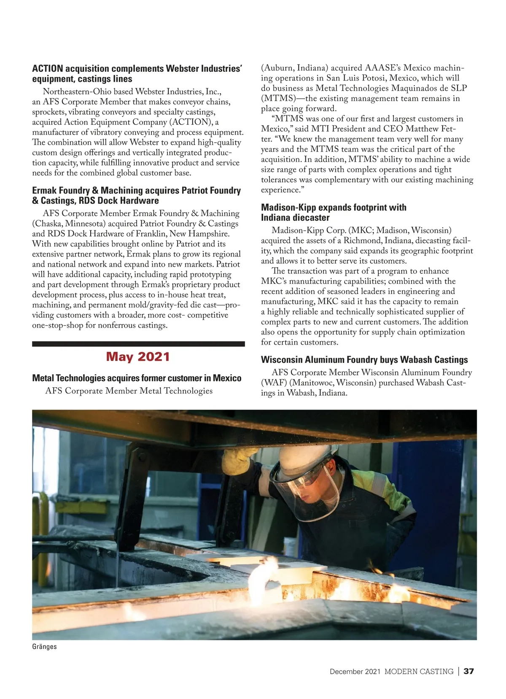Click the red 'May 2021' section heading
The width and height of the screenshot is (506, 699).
[138, 357]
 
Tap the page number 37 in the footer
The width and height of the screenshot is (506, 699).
[468, 671]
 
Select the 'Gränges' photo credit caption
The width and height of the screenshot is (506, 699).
[44, 647]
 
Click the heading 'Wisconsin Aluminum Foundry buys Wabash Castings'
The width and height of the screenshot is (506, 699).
[364, 360]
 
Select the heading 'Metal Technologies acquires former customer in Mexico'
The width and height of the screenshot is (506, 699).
[137, 378]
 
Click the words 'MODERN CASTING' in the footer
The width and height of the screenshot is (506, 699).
[419, 672]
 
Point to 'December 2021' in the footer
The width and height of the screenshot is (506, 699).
[355, 672]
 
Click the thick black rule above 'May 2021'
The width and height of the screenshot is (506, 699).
[138, 344]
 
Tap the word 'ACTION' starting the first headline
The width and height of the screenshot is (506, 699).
[48, 69]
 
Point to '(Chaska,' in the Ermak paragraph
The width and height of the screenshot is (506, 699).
[48, 224]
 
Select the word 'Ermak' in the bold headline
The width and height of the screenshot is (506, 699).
[45, 191]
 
